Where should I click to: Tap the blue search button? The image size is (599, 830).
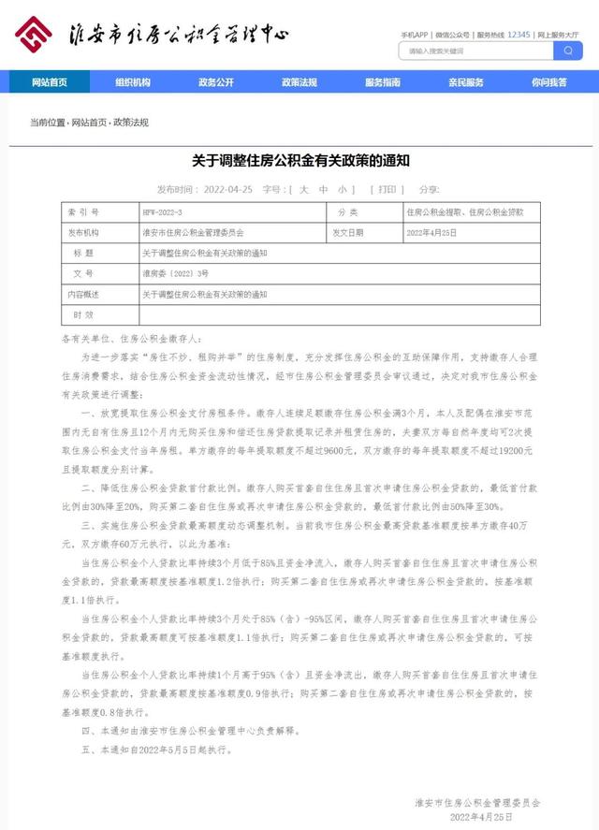pyautogui.click(x=568, y=51)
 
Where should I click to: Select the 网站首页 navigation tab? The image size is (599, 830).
pyautogui.click(x=50, y=82)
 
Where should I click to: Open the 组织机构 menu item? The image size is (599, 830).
pyautogui.click(x=133, y=82)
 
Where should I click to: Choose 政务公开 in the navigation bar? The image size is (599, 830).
pyautogui.click(x=216, y=82)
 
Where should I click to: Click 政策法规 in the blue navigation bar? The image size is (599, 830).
pyautogui.click(x=299, y=82)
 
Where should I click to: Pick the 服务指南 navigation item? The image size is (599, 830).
pyautogui.click(x=383, y=82)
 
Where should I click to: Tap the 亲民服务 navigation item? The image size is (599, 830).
pyautogui.click(x=466, y=82)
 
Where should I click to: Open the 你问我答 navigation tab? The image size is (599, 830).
pyautogui.click(x=549, y=82)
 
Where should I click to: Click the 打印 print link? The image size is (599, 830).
pyautogui.click(x=387, y=189)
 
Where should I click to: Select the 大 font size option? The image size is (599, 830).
pyautogui.click(x=301, y=189)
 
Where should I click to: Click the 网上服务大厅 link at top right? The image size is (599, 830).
pyautogui.click(x=560, y=34)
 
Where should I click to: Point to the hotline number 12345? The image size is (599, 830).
pyautogui.click(x=519, y=34)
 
